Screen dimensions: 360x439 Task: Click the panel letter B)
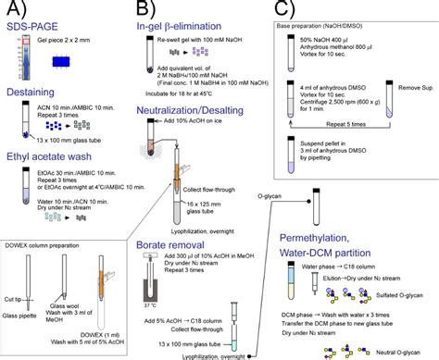click(149, 13)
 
